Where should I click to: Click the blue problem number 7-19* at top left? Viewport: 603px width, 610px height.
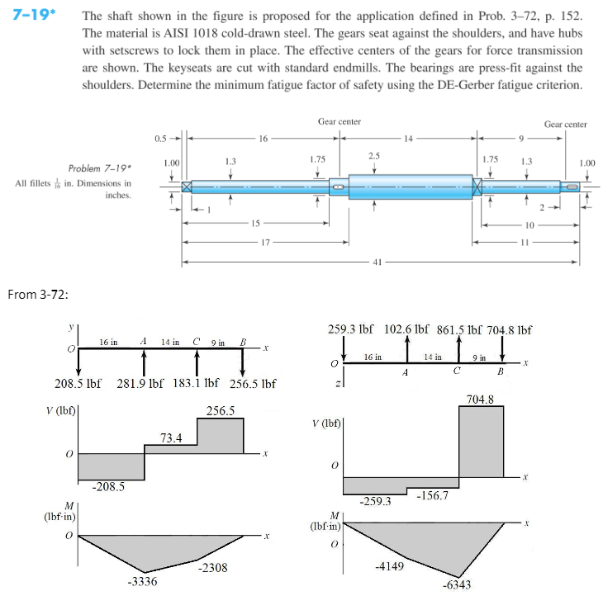[x=28, y=17]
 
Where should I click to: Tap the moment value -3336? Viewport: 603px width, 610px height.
[x=143, y=581]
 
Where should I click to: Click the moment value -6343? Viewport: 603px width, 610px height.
[x=458, y=584]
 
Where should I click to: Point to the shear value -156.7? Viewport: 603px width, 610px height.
[x=432, y=494]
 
